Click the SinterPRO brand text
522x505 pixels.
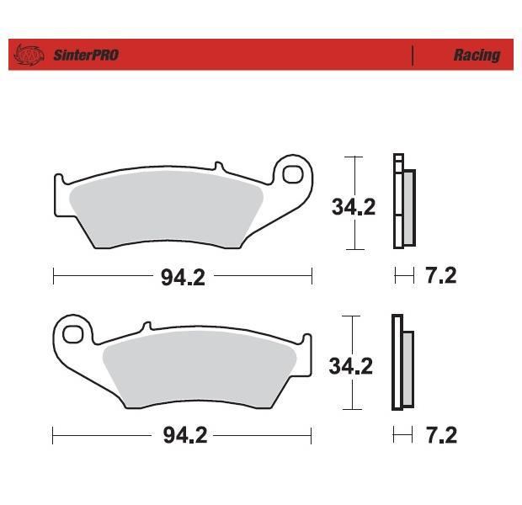click(x=86, y=56)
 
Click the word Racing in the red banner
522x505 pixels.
click(x=477, y=55)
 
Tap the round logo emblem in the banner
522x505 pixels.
click(x=29, y=55)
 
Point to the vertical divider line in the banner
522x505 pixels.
click(x=413, y=56)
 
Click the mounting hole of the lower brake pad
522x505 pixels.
click(x=72, y=334)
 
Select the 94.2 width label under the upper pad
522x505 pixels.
click(x=183, y=278)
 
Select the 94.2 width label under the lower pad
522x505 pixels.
click(x=185, y=435)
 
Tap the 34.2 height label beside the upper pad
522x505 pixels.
click(x=354, y=207)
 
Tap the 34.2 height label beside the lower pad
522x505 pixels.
click(x=351, y=366)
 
